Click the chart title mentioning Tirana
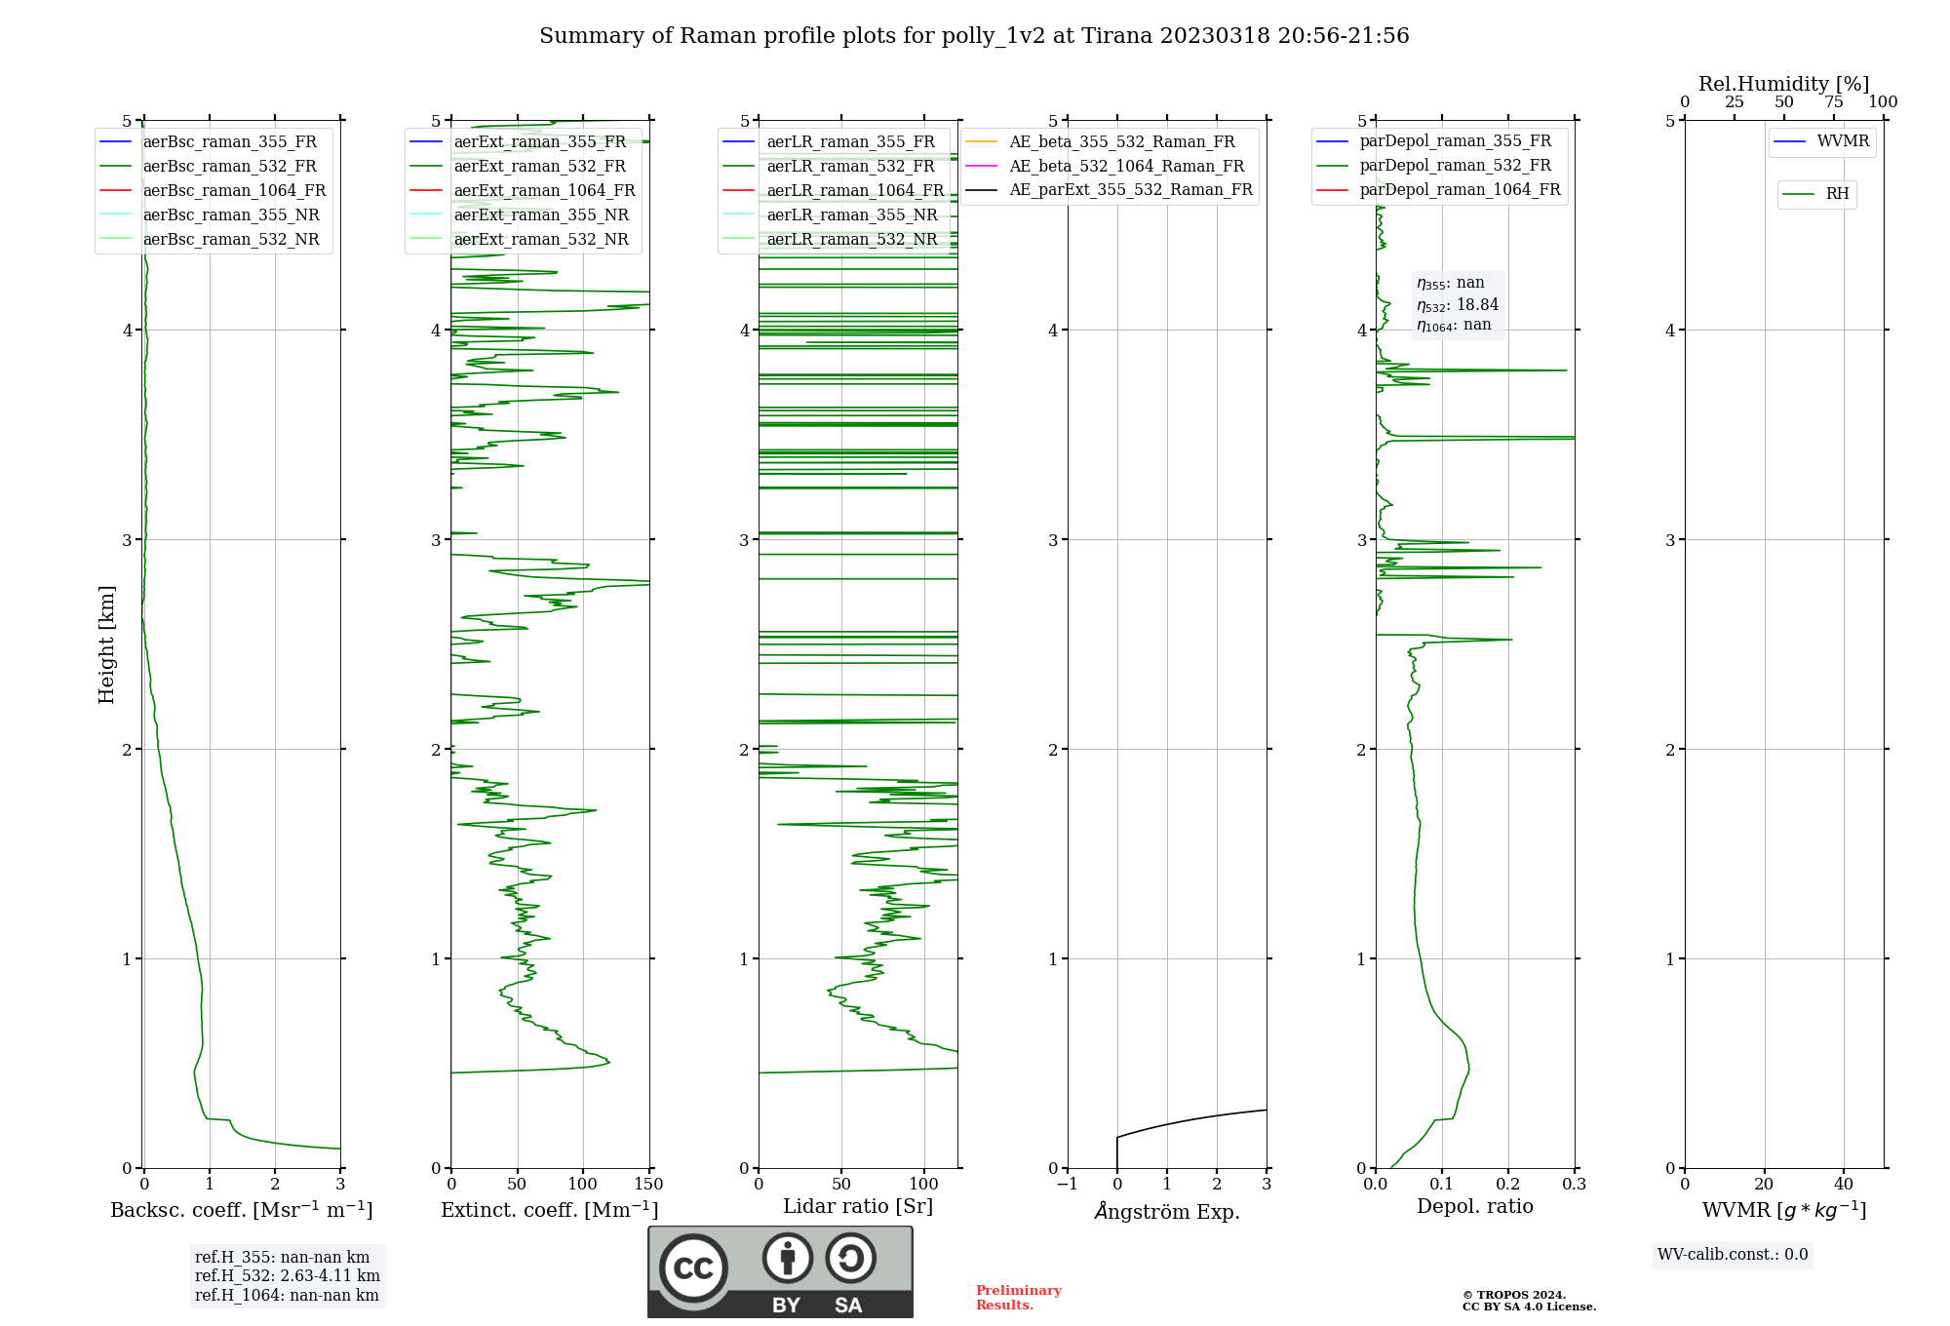[x=974, y=36]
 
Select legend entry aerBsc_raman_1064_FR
[x=234, y=191]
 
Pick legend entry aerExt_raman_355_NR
[x=541, y=215]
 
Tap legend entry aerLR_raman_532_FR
[x=850, y=167]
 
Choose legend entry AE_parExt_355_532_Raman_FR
[x=1130, y=190]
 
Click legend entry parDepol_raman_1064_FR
[x=1460, y=190]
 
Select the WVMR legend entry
[x=1843, y=141]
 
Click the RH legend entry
[x=1837, y=194]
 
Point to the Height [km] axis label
[x=106, y=644]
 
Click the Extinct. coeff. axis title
[x=550, y=1210]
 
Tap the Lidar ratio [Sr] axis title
[x=858, y=1206]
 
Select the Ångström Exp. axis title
[x=1167, y=1212]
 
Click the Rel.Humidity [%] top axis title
[x=1783, y=84]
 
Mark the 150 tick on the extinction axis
[x=648, y=1185]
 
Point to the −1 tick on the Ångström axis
[x=1068, y=1185]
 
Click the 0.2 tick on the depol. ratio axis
[x=1508, y=1185]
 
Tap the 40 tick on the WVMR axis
[x=1844, y=1185]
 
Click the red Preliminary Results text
[x=1018, y=1298]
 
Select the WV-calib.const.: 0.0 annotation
[x=1733, y=1255]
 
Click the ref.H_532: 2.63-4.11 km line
[x=288, y=1276]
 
